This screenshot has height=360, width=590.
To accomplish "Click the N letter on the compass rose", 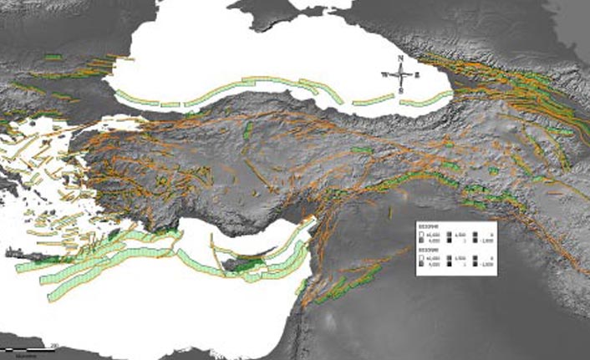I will tap(402, 58).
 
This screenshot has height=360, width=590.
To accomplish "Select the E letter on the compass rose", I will tap(417, 74).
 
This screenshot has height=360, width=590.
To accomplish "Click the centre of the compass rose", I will tap(402, 73).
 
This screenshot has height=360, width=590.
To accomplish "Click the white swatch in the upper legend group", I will tap(423, 236).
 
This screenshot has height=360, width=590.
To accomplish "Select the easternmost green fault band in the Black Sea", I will tap(425, 101).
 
